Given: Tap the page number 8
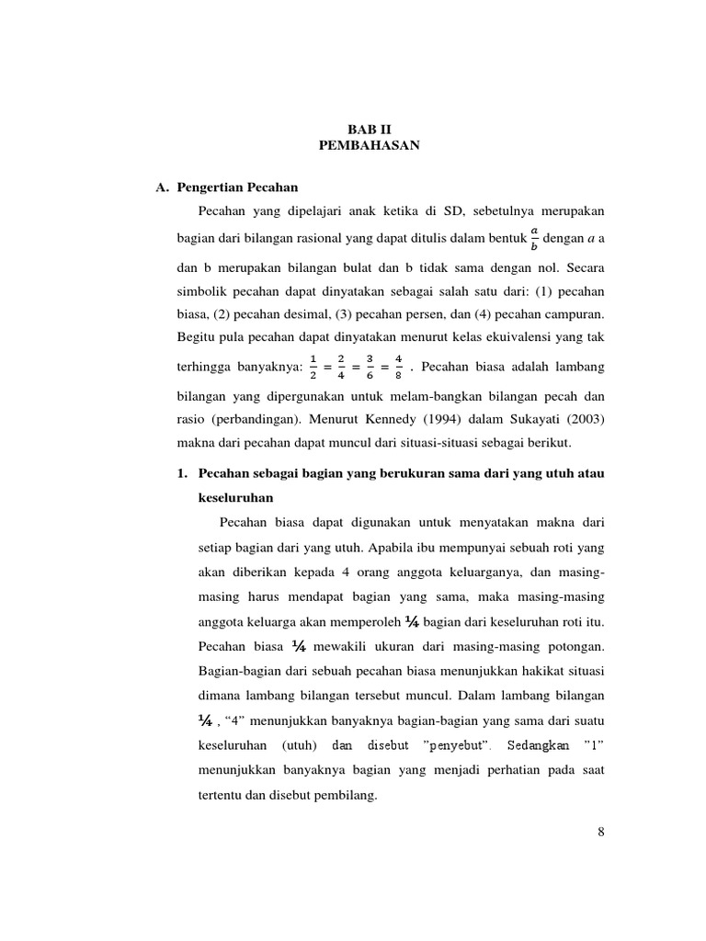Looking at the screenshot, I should point(600,833).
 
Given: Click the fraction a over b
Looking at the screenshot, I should point(533,238).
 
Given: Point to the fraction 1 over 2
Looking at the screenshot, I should point(313,368).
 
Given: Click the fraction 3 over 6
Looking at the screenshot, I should point(370,368).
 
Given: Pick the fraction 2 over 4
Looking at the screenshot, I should point(342,368).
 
